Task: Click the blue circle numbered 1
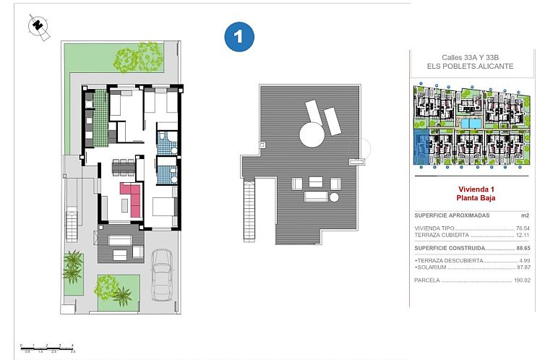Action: pos(239,36)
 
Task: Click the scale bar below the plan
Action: pos(48,348)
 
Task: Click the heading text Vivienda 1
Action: pos(475,189)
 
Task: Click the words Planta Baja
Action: pos(475,197)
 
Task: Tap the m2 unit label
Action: pos(525,215)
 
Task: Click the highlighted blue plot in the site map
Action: pos(421,148)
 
